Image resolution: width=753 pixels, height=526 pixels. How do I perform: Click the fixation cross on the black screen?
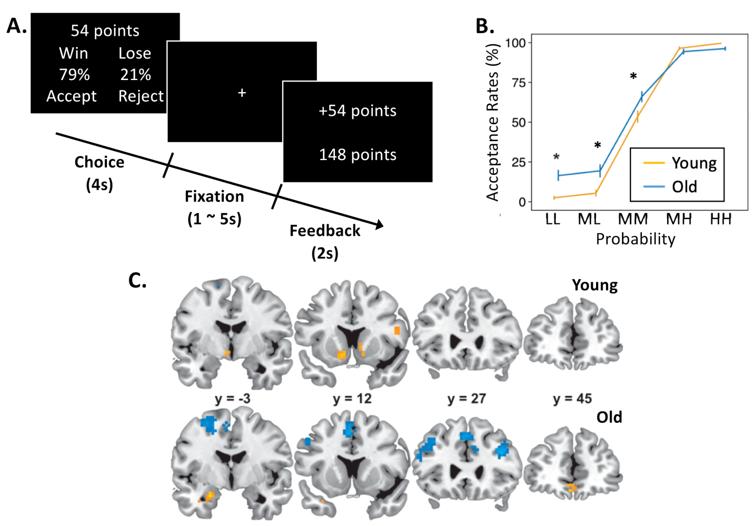pos(242,93)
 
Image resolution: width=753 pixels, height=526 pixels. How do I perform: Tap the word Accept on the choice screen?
pos(71,96)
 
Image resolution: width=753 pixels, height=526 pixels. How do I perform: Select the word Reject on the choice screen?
pos(141,96)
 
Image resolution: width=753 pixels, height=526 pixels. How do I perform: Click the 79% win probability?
pos(74,75)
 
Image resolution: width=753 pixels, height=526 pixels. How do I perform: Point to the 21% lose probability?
pos(135,75)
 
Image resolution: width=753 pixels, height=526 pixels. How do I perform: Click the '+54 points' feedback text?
pos(358,111)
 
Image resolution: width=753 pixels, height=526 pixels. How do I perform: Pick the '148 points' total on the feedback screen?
pos(358,155)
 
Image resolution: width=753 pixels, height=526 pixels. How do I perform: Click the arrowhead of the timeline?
pos(379,225)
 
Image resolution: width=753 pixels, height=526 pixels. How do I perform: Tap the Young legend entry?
pos(680,163)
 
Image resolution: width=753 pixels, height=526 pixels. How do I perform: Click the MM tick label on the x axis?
pos(633,220)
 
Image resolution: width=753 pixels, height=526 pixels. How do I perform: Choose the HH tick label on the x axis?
pos(721,220)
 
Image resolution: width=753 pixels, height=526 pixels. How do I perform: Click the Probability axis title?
pos(636,239)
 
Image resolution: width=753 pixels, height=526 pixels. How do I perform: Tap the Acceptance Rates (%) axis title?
pos(492,122)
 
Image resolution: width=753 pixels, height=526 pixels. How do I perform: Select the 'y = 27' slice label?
pos(467,399)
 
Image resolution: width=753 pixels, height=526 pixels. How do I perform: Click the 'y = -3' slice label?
pos(233,399)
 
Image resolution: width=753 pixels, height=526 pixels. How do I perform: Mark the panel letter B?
pos(485,26)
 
